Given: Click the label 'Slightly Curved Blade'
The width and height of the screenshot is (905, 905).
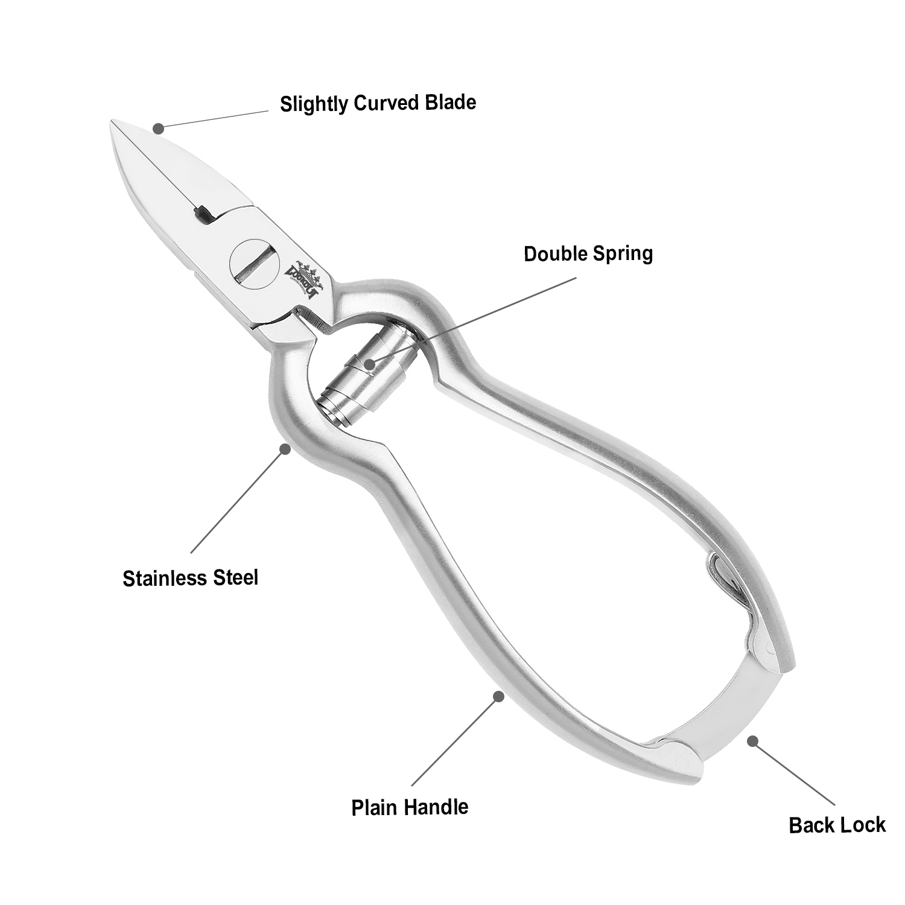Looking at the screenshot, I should tap(378, 103).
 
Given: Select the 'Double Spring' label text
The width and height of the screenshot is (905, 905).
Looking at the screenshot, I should tap(588, 253).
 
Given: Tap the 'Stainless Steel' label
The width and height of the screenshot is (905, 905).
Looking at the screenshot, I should tap(190, 578).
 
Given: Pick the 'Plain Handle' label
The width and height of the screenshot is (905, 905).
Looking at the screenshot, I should tap(410, 807).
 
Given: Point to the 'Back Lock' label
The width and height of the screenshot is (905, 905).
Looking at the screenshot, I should tap(837, 825).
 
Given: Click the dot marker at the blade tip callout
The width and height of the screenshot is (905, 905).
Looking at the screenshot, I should tap(158, 128).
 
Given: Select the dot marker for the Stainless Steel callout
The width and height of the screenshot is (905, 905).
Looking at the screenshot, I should tap(285, 449).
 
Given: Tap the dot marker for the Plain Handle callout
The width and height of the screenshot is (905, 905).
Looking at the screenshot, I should tap(498, 696).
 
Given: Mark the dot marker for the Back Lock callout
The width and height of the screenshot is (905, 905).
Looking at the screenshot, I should tap(752, 740).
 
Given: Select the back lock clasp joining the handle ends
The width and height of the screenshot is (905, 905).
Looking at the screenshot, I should tap(718, 706).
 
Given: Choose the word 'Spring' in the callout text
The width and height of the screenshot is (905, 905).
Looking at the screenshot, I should tap(622, 253).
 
